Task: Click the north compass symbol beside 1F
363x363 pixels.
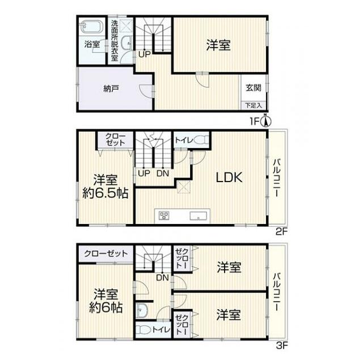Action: click(x=266, y=121)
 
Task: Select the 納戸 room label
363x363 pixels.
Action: click(x=111, y=88)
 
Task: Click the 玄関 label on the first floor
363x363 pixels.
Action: click(x=254, y=87)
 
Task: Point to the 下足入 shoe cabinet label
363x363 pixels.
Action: click(x=254, y=105)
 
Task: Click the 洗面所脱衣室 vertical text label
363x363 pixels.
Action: click(x=115, y=40)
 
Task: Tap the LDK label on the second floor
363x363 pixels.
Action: click(x=229, y=178)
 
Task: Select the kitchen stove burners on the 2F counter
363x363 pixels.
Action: click(x=164, y=216)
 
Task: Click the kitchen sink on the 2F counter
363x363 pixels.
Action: click(x=199, y=216)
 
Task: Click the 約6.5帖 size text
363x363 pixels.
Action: click(x=105, y=193)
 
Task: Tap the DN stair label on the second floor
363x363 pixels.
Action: click(x=163, y=174)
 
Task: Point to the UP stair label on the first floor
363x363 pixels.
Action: click(x=145, y=54)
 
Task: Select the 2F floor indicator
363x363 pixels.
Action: click(x=281, y=231)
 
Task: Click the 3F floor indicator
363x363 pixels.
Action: click(x=282, y=345)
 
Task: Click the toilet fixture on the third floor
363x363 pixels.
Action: click(x=143, y=330)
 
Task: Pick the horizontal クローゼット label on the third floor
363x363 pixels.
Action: click(x=106, y=254)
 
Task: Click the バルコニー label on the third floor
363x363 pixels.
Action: click(x=277, y=292)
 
